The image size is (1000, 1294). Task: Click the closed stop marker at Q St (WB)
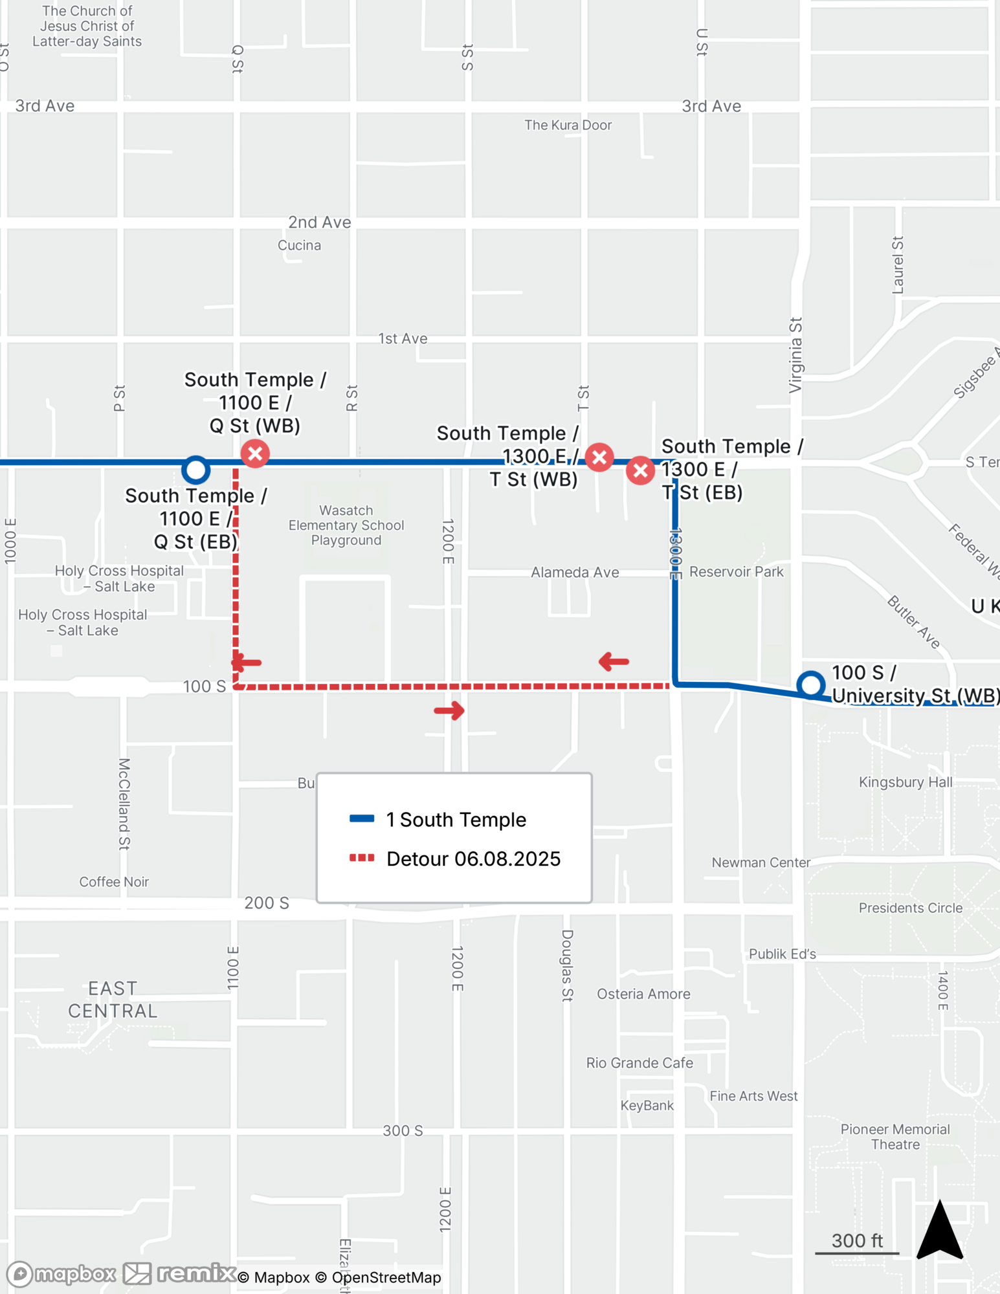pyautogui.click(x=255, y=453)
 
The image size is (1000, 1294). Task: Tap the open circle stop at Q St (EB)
pyautogui.click(x=195, y=470)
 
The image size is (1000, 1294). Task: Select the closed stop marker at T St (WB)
pyautogui.click(x=599, y=457)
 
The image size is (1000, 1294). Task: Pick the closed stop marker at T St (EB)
pyautogui.click(x=640, y=470)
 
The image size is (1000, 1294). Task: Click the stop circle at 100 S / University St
pyautogui.click(x=810, y=684)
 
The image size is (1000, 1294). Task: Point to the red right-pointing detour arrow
pyautogui.click(x=449, y=710)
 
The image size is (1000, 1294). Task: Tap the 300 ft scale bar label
pyautogui.click(x=857, y=1240)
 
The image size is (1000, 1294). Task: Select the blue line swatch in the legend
pyautogui.click(x=362, y=818)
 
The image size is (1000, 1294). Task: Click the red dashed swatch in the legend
pyautogui.click(x=362, y=858)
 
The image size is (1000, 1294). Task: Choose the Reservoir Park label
pyautogui.click(x=736, y=572)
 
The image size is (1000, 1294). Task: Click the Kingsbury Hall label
pyautogui.click(x=905, y=782)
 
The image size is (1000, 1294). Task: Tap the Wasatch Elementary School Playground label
pyautogui.click(x=346, y=525)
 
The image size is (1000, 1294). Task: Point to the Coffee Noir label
pyautogui.click(x=114, y=882)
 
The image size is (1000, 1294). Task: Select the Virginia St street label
pyautogui.click(x=795, y=355)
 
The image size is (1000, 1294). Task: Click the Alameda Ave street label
pyautogui.click(x=575, y=573)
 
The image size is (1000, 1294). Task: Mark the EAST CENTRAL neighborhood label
pyautogui.click(x=113, y=1000)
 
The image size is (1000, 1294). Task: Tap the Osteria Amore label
pyautogui.click(x=643, y=994)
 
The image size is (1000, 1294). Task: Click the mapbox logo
pyautogui.click(x=61, y=1274)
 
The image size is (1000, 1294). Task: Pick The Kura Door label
pyautogui.click(x=568, y=125)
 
